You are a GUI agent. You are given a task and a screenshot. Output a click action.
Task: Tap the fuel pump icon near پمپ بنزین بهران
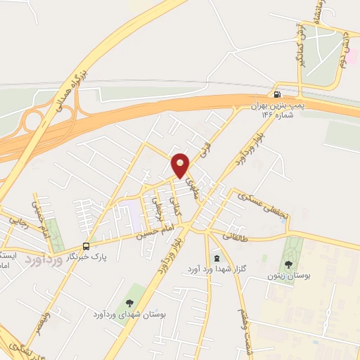tap(278, 95)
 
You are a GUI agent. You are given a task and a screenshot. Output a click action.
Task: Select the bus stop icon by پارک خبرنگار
tap(86, 246)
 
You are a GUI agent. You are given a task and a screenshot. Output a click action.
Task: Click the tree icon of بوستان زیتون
tap(288, 264)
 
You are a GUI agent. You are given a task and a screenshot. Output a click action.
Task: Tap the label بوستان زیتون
tap(288, 276)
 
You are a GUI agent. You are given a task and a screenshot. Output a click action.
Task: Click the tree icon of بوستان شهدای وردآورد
tap(128, 302)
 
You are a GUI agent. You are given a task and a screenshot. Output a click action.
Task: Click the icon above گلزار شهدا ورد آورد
tap(216, 258)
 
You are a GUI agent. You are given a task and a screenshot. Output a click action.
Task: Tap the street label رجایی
tap(15, 222)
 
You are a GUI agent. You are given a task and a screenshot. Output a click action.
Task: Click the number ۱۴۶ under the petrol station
tap(271, 114)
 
